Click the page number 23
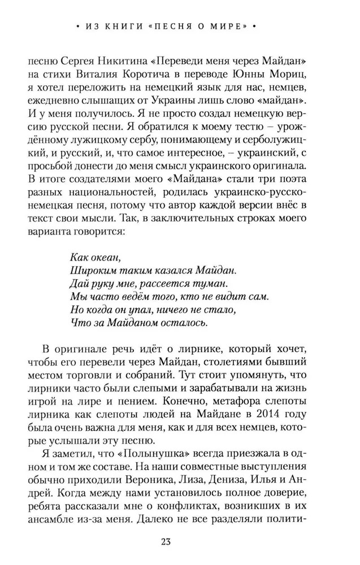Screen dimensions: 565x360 [180, 542]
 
